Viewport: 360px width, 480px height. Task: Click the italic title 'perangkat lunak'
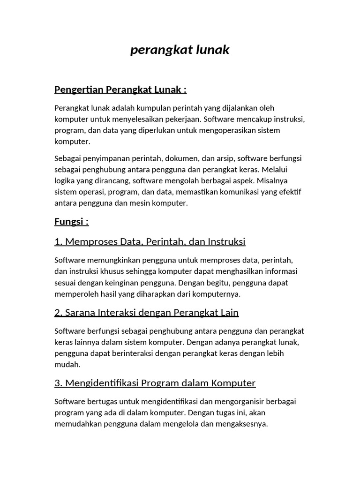click(x=180, y=50)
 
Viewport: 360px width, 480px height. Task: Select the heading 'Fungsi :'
click(x=71, y=221)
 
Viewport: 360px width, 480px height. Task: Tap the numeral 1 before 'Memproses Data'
click(x=58, y=241)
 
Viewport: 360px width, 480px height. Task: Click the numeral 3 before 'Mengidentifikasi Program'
click(x=58, y=383)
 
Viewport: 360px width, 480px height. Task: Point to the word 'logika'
click(x=64, y=180)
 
